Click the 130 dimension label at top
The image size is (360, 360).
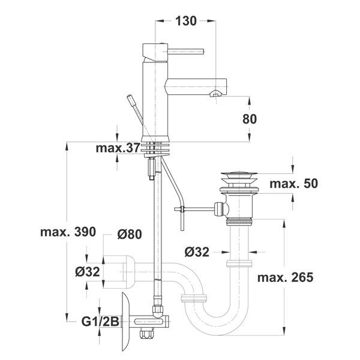coord(186,21)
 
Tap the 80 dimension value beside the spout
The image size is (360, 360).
coord(250,119)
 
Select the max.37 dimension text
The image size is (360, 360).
coord(118,148)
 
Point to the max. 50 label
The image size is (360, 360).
coord(293,184)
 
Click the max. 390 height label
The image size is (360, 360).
coord(68,232)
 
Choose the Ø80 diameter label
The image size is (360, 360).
coord(130,234)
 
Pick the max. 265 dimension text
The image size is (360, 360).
coord(285,277)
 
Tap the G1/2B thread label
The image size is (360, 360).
coord(100,322)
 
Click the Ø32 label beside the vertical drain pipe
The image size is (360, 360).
coord(197,252)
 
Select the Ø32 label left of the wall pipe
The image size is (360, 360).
coord(87,272)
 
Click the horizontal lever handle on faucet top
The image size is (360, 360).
coord(186,52)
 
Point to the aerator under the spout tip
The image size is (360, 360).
coord(216,94)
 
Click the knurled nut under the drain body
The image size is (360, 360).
coord(239,222)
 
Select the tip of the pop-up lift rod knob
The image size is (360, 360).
coord(130,97)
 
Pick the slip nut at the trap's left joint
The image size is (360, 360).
coord(194,298)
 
